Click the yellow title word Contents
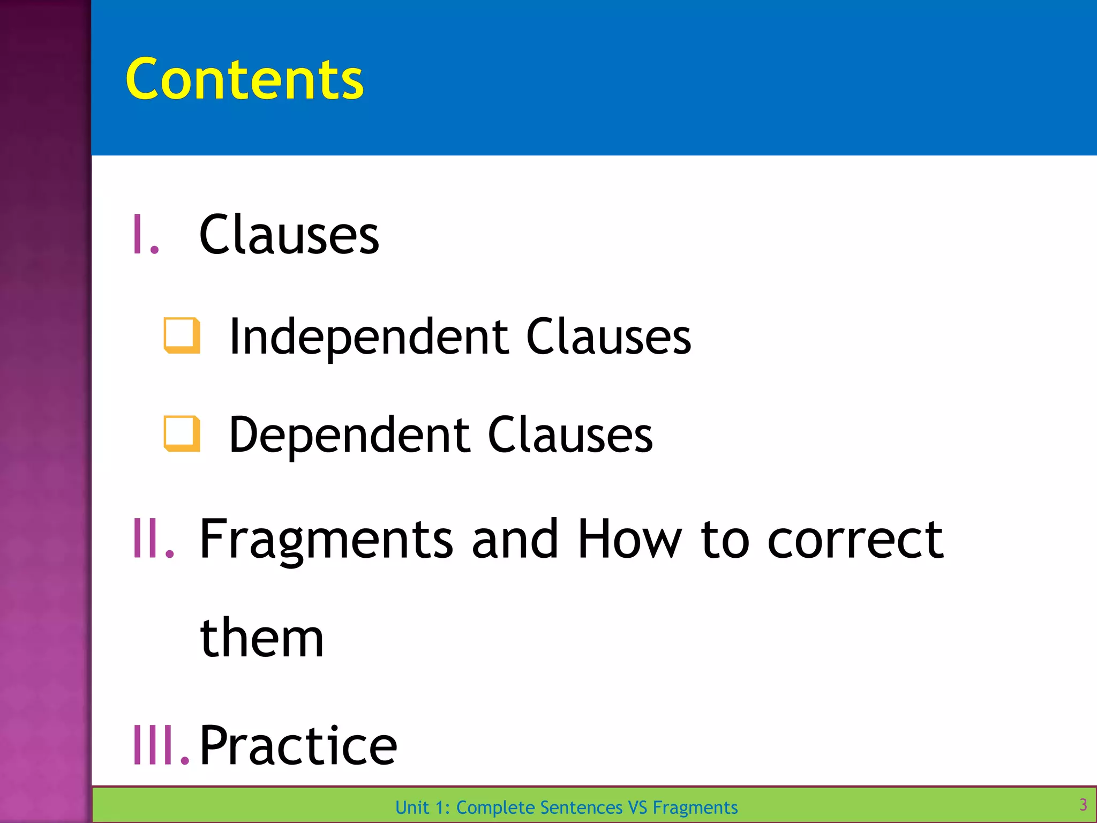(x=244, y=79)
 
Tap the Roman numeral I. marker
(x=146, y=235)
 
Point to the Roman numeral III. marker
(x=161, y=745)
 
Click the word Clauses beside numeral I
(x=289, y=235)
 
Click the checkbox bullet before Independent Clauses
(x=182, y=336)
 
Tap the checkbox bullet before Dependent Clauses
(x=182, y=434)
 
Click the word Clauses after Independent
(x=608, y=336)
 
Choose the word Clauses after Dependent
(x=570, y=435)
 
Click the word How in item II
(x=630, y=538)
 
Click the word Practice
(x=298, y=745)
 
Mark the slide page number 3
(x=1083, y=805)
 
